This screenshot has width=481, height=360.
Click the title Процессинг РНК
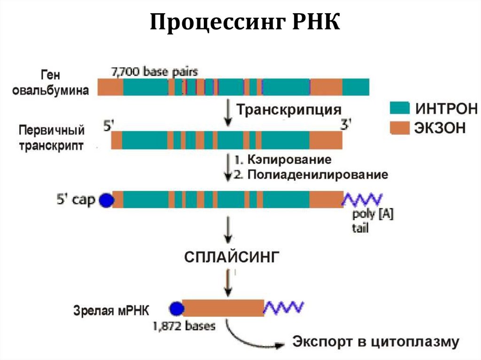tap(245, 23)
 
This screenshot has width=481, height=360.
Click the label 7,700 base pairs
tap(154, 72)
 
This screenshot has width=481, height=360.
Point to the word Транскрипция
tap(288, 110)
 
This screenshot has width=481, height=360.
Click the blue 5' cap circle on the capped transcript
tap(107, 200)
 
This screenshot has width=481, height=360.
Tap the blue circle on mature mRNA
tap(176, 308)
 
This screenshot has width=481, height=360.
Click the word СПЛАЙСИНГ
tap(232, 257)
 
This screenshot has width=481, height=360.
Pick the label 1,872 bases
tap(184, 325)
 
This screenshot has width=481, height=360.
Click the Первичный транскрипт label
tap(52, 138)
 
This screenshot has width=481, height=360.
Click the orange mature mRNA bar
tap(223, 308)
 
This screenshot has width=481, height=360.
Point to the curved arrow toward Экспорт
tap(249, 338)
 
